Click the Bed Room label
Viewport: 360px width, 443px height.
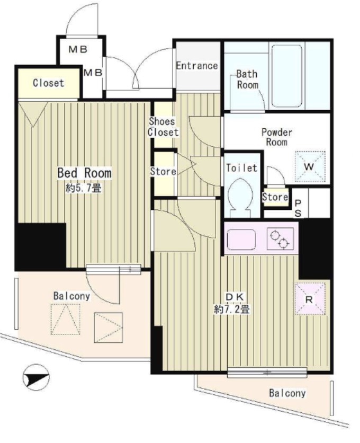click(x=84, y=173)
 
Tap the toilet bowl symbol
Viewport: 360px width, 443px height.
click(x=240, y=198)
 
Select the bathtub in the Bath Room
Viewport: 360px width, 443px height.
click(x=287, y=76)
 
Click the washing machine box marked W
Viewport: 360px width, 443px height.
click(x=310, y=166)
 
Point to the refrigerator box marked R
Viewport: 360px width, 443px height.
click(x=310, y=299)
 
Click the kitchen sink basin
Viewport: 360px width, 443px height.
click(x=241, y=240)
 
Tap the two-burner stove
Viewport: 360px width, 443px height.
click(x=280, y=239)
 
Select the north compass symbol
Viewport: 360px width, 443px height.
click(x=36, y=377)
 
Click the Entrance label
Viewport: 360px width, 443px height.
click(x=197, y=66)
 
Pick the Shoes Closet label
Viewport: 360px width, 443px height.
click(x=163, y=127)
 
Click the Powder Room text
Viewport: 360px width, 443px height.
click(x=277, y=137)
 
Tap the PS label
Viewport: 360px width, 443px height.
click(x=298, y=208)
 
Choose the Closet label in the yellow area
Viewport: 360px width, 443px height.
click(x=48, y=83)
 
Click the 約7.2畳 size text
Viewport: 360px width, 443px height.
click(x=232, y=309)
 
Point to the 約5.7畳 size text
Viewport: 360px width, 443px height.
click(x=83, y=188)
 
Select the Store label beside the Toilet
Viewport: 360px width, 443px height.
click(x=275, y=197)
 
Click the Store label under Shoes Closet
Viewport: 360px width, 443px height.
click(x=163, y=171)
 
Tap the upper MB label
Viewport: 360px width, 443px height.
click(x=78, y=50)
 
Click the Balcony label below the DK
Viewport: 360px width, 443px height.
click(x=287, y=393)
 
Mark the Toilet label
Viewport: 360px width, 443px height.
click(x=242, y=168)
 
